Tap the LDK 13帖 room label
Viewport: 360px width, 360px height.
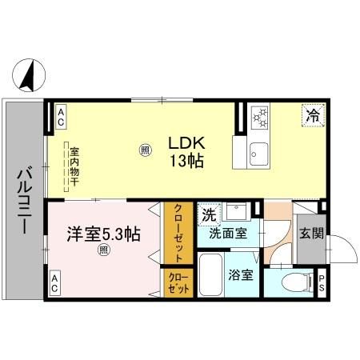(186, 151)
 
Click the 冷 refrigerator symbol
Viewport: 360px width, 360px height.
(314, 115)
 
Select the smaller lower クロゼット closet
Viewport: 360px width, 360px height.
(177, 282)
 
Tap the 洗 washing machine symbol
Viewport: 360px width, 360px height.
(208, 214)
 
